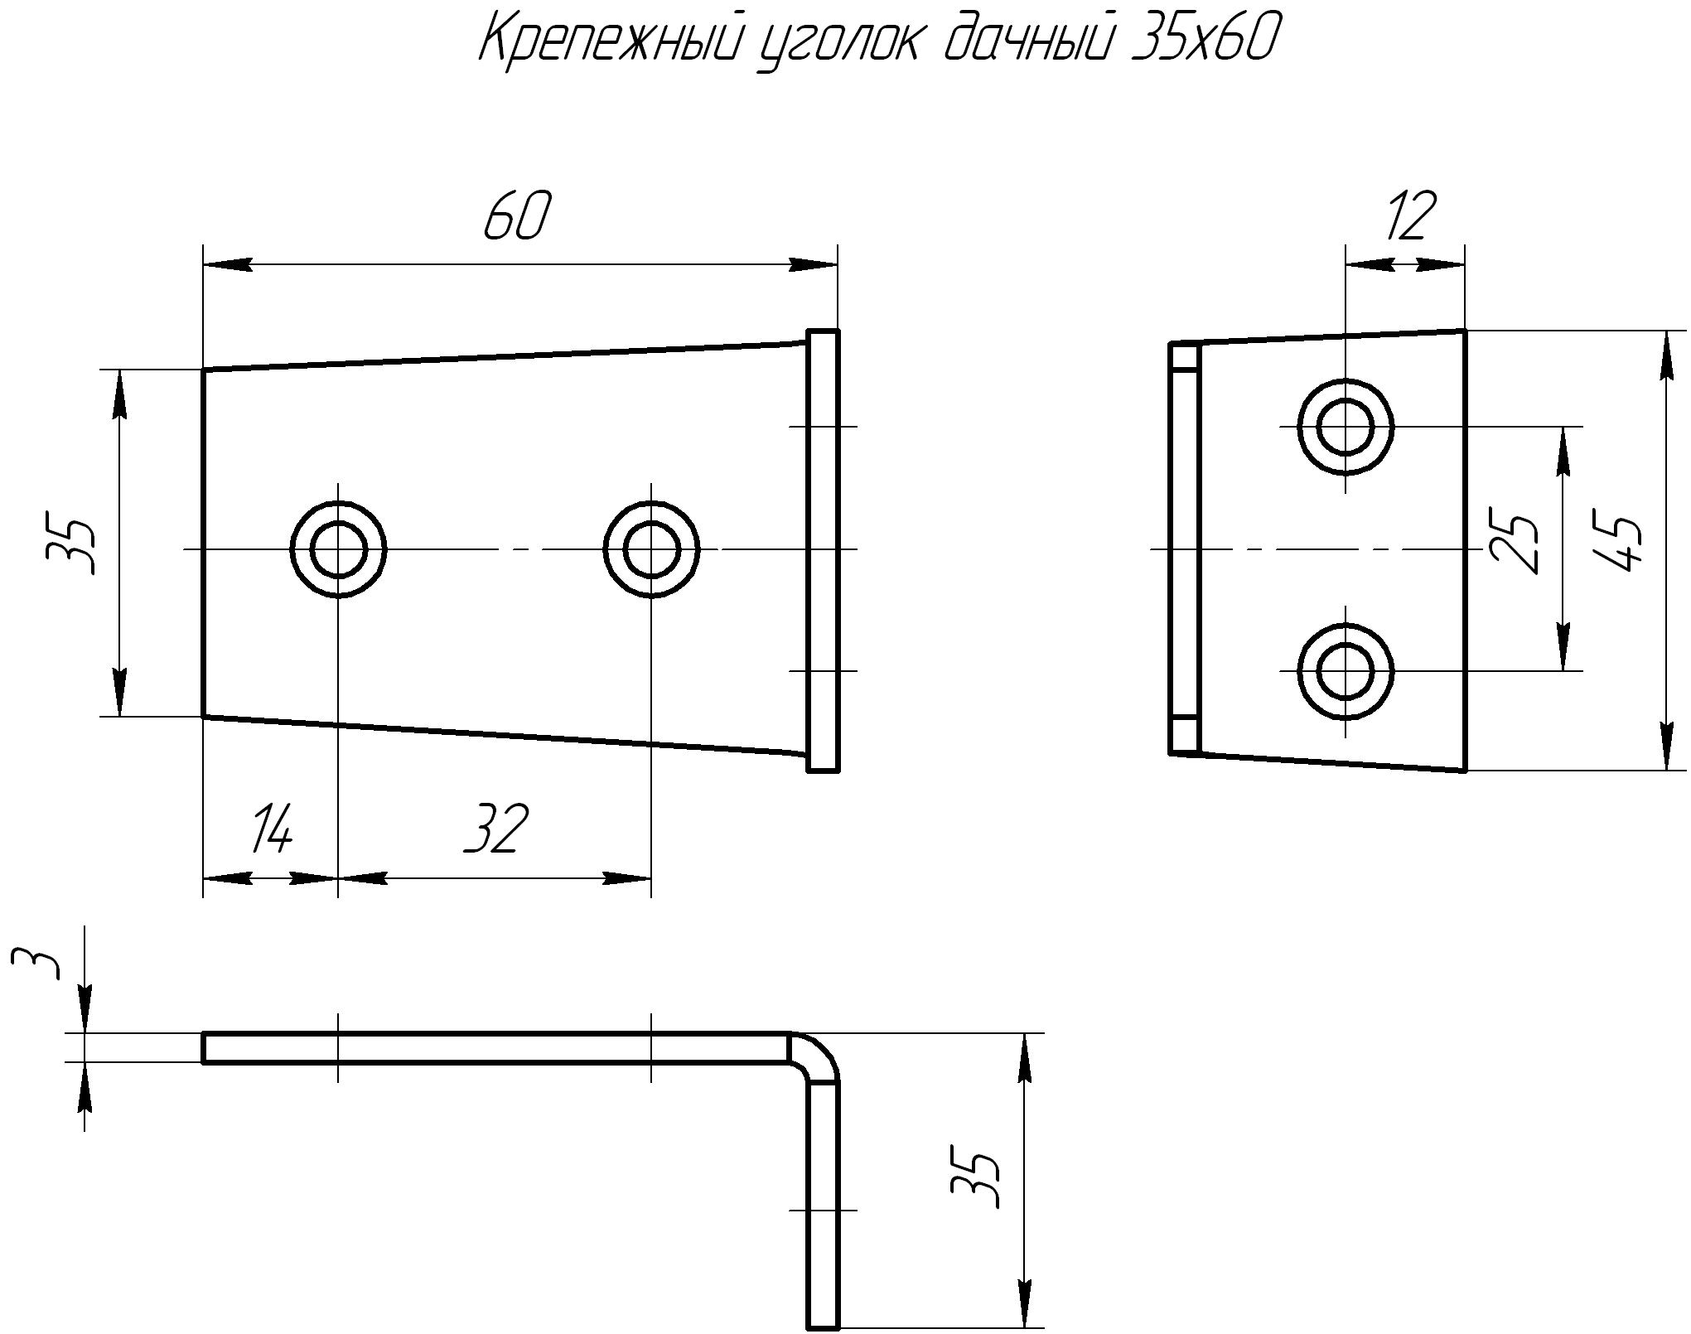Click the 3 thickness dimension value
[38, 964]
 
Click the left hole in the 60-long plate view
[338, 549]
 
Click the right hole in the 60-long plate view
[651, 549]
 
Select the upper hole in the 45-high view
[1346, 427]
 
